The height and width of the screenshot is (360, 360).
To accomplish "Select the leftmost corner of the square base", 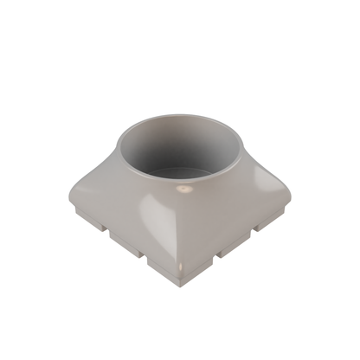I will (68, 197).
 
